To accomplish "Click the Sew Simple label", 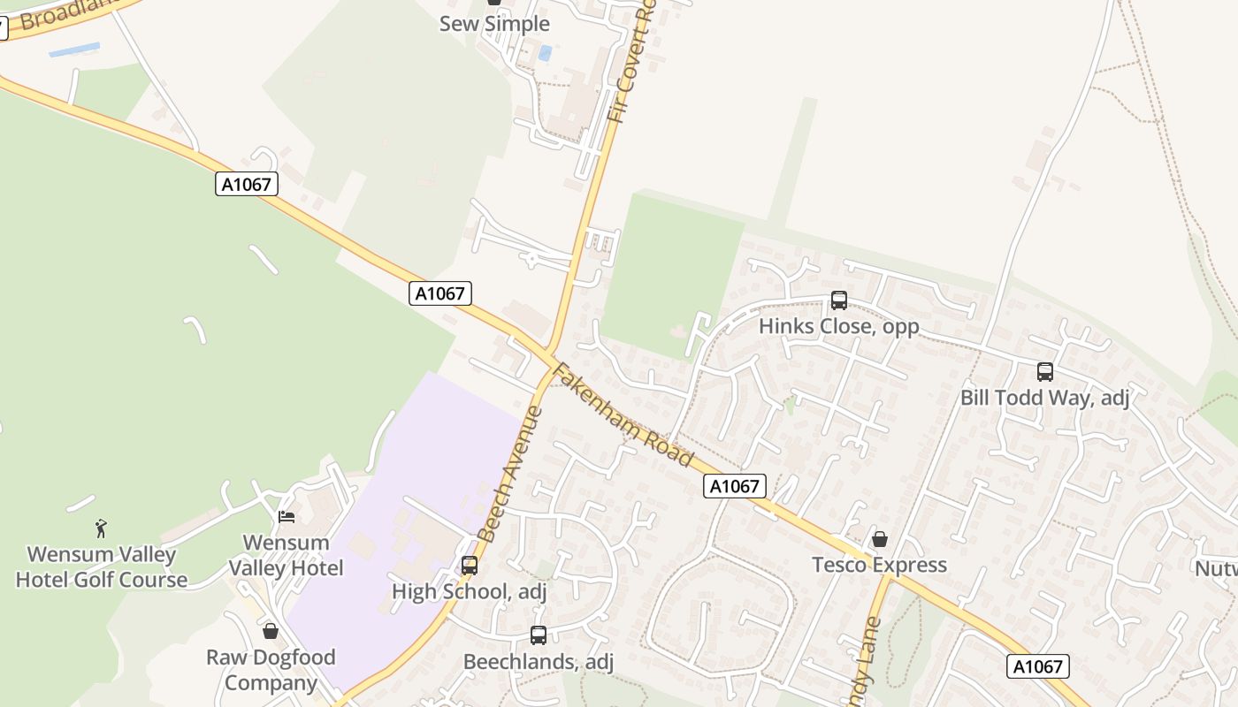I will pos(494,24).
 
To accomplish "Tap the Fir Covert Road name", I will pos(630,62).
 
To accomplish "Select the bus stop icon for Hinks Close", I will pos(839,300).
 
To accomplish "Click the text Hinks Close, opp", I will pos(839,326).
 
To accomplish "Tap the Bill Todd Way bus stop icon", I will pos(1045,372).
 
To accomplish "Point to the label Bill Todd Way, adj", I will pos(1045,398).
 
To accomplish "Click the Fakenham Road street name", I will pos(622,414).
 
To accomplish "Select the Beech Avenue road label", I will pos(508,473).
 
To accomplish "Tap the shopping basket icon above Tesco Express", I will pos(880,539).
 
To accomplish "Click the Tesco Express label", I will pos(880,565).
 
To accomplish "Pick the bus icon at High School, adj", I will pos(470,566).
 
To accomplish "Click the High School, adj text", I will pos(470,591).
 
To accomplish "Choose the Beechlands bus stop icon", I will pos(538,635).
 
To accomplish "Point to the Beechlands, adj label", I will pos(538,661).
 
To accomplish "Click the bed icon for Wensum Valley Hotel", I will pos(287,516).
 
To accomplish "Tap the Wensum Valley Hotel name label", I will pos(287,555).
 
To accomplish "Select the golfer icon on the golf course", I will pos(102,528).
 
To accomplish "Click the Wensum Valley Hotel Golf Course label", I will pos(102,567).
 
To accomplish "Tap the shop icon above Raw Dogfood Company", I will pos(271,631).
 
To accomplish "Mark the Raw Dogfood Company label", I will pos(271,670).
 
